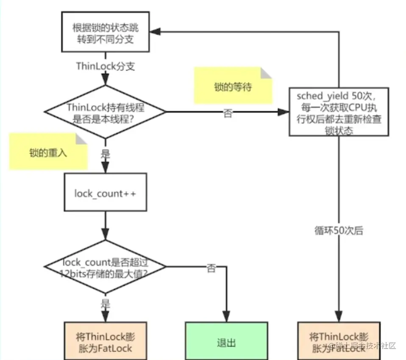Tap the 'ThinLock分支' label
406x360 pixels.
pos(105,66)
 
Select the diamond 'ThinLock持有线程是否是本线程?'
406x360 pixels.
pos(105,112)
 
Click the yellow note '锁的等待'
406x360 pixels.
pos(233,87)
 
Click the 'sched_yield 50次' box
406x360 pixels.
pos(339,112)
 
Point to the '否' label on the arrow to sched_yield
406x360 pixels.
pos(228,114)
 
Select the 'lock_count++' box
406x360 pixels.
pos(105,193)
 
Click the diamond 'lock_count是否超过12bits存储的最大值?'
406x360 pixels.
pos(105,266)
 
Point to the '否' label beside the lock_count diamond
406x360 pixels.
pos(211,268)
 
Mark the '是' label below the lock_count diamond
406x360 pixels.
pos(105,304)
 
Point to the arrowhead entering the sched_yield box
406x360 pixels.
pos(284,112)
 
